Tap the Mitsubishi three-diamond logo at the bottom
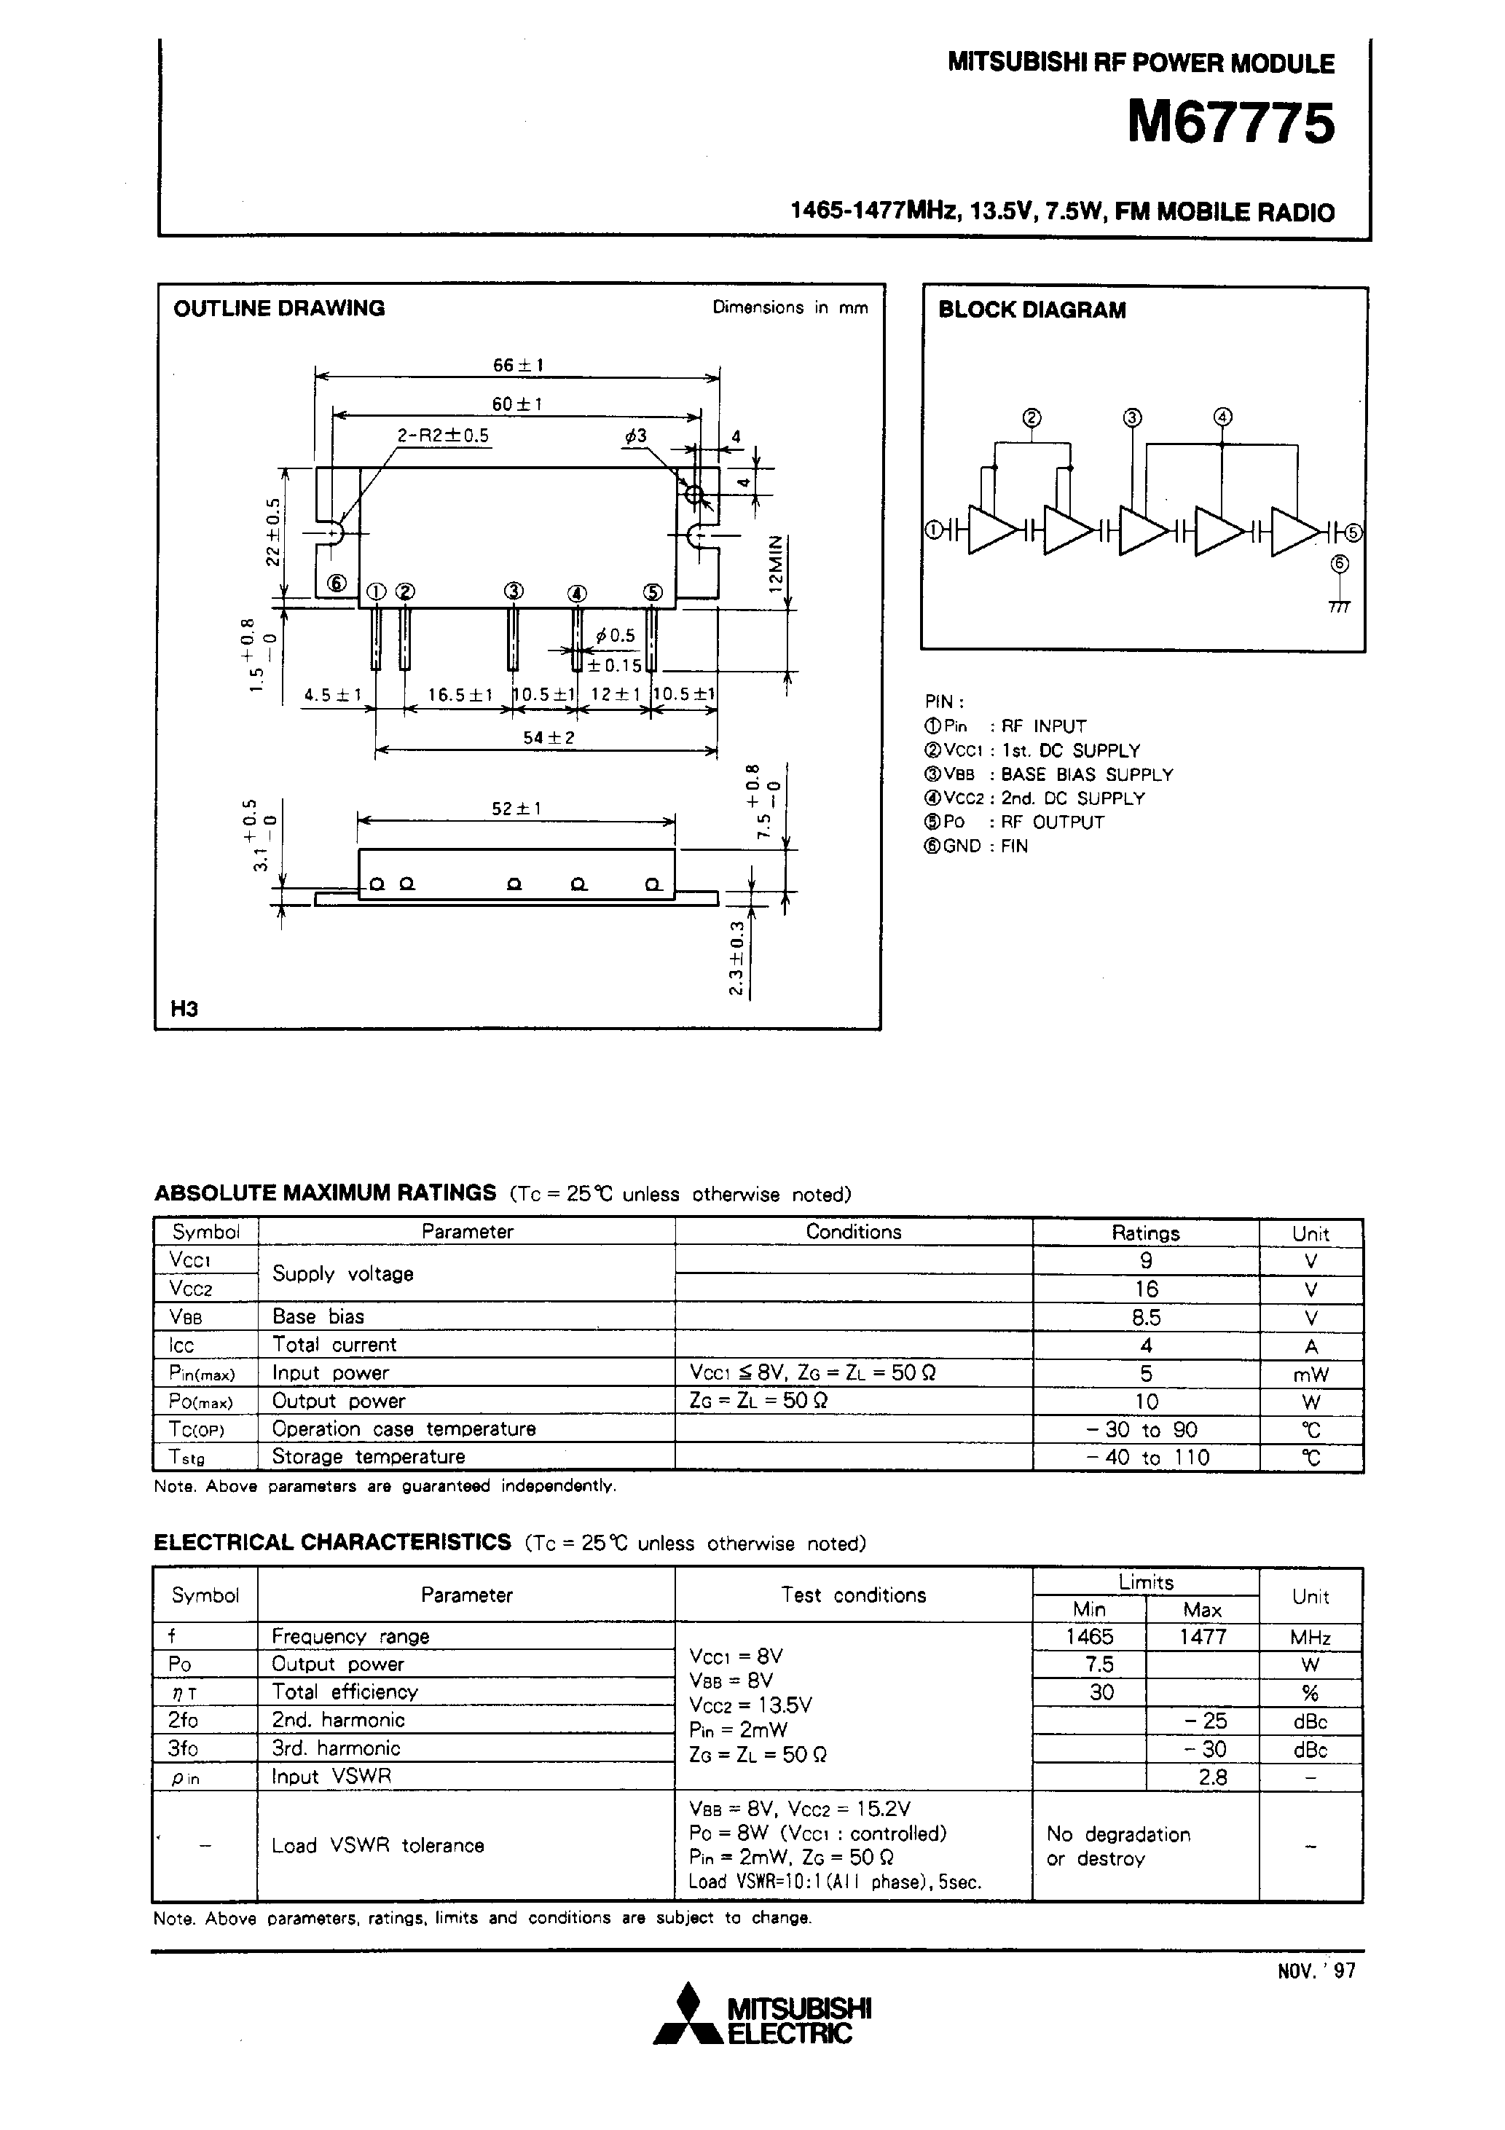[688, 2025]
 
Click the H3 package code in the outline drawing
[184, 1008]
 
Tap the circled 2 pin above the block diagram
[1032, 418]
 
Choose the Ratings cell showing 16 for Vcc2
[1146, 1289]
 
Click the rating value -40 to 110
[1146, 1458]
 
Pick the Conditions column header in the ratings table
[853, 1232]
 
